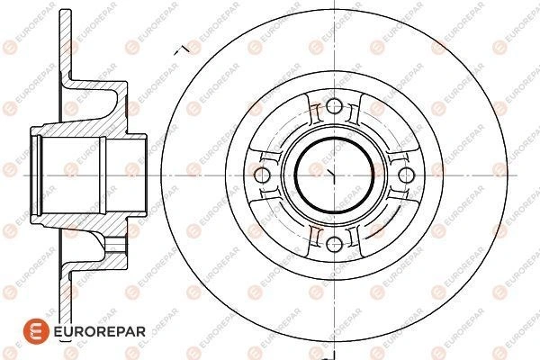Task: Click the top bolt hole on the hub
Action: pos(334,106)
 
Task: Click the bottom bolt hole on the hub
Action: pos(334,244)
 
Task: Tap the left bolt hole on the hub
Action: pos(262,175)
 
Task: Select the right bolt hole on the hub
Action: pos(407,175)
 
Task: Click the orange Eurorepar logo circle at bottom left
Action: pos(36,331)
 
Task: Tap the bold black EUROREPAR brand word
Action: pos(100,331)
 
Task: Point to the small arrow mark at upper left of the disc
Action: pos(182,50)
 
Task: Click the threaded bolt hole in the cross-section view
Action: pos(114,244)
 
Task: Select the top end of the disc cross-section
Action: pos(66,11)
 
